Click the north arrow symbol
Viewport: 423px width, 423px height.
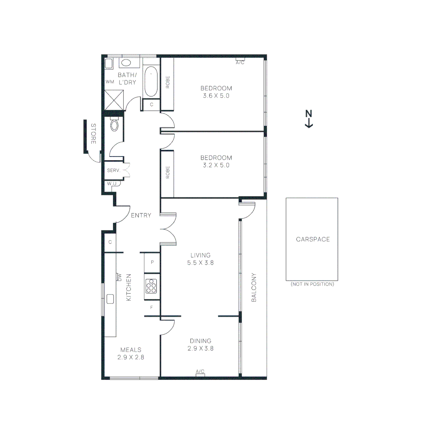click(x=309, y=119)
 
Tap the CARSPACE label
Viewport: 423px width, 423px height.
click(x=313, y=239)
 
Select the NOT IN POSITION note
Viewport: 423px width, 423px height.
click(x=312, y=284)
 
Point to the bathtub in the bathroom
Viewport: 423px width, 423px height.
click(x=151, y=82)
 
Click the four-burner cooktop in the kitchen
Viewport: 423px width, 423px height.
click(x=151, y=286)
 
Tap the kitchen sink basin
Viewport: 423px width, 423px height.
click(x=110, y=299)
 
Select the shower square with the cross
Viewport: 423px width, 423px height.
click(x=114, y=100)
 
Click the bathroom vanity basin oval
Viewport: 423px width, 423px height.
click(x=126, y=63)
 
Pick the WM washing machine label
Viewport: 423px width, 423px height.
click(x=109, y=82)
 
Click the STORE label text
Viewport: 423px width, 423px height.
click(x=93, y=134)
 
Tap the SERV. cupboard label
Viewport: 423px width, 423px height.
click(x=113, y=170)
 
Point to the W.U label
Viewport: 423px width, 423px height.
click(x=111, y=183)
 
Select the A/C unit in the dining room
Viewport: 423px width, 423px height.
click(x=200, y=372)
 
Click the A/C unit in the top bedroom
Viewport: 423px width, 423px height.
click(x=240, y=62)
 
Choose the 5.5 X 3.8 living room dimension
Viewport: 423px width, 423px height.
click(x=200, y=263)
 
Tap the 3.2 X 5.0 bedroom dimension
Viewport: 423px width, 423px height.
click(x=216, y=165)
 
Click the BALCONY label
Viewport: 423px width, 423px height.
click(x=253, y=287)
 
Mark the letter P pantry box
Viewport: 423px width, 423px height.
click(x=152, y=262)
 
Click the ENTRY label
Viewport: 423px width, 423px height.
click(x=141, y=215)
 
